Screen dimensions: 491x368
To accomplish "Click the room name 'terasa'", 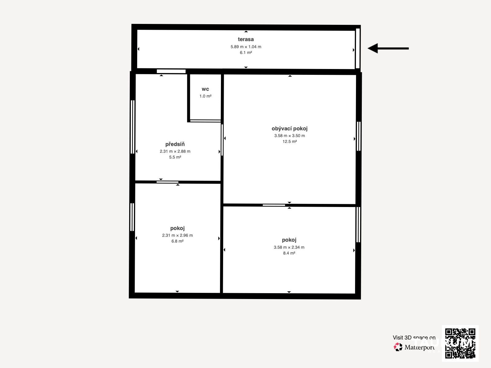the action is (x=245, y=39).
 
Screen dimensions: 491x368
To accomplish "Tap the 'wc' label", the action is (x=205, y=89).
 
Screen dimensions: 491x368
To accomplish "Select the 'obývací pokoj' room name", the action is (x=289, y=128).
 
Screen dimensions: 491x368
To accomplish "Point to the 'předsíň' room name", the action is (x=175, y=144).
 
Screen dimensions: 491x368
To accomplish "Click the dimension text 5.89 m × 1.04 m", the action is (x=246, y=47).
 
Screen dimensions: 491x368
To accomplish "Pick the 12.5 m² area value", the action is (x=289, y=141).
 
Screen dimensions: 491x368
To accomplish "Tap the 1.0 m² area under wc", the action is (x=205, y=96).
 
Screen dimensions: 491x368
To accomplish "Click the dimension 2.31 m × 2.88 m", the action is (x=175, y=151).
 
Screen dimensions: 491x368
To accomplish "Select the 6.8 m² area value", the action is (x=177, y=241).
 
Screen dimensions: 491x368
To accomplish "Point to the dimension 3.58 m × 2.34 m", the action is (x=289, y=247).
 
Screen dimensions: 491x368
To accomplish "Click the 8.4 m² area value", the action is (x=289, y=253).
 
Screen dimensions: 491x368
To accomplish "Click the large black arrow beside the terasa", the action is (x=388, y=48).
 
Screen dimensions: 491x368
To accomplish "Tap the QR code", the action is (x=460, y=343).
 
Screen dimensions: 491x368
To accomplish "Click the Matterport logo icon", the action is (x=398, y=347).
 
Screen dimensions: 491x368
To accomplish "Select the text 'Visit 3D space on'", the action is (x=414, y=338).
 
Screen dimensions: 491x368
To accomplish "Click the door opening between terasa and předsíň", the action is (x=171, y=71).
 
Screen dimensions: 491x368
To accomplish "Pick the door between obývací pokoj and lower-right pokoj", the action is (x=274, y=205).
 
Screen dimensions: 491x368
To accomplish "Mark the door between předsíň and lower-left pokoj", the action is (x=167, y=182).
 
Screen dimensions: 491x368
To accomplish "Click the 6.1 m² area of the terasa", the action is (x=246, y=52).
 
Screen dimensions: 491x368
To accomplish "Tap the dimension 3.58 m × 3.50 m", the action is (x=289, y=136).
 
